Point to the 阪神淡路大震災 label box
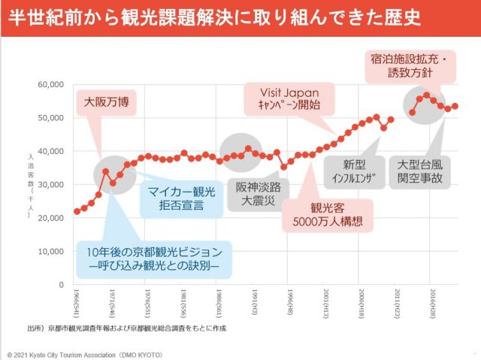(x=257, y=193)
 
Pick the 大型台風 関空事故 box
(x=421, y=172)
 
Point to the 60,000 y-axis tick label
(x=51, y=84)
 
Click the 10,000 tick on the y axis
(x=51, y=252)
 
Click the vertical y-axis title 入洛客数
(x=31, y=185)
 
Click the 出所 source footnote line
(x=128, y=328)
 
